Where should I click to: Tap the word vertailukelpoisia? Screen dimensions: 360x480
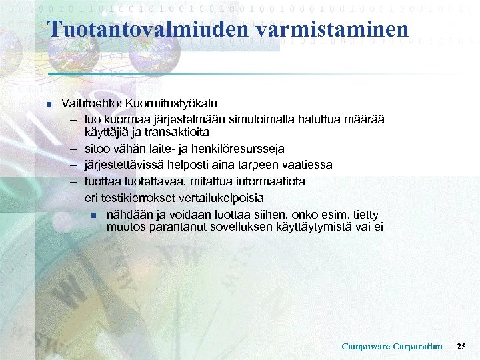(x=220, y=198)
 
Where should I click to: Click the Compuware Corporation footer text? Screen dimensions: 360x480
(x=391, y=346)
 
